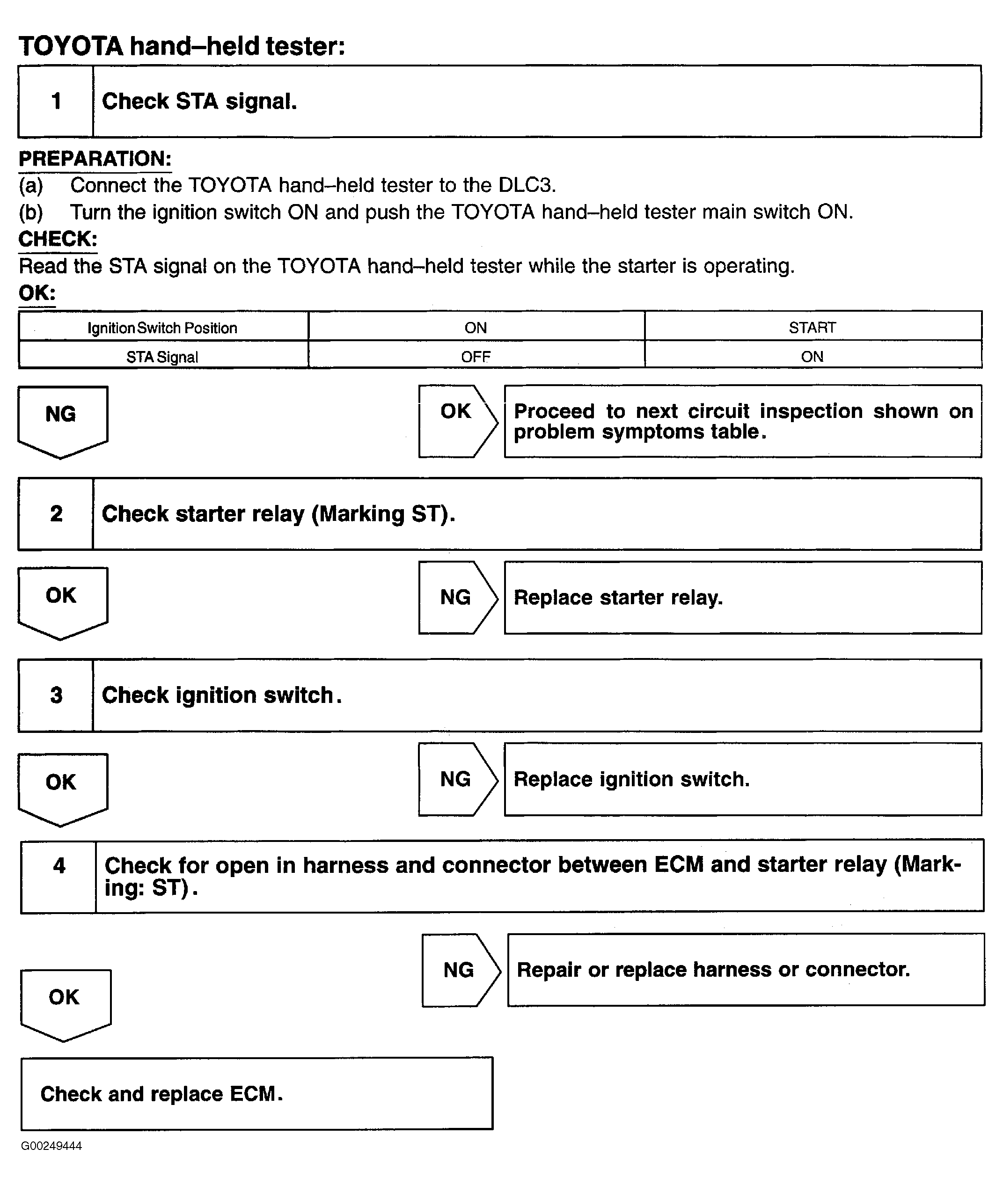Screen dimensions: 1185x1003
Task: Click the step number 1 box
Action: click(x=56, y=101)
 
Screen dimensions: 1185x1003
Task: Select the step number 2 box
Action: click(x=56, y=514)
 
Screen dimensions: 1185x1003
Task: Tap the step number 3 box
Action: click(x=56, y=695)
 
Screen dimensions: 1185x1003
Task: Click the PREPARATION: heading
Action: click(x=95, y=159)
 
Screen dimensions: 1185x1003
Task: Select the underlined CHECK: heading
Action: click(x=58, y=239)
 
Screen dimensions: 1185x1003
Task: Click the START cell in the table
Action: click(x=812, y=328)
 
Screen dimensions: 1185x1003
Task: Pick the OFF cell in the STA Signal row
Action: click(x=476, y=357)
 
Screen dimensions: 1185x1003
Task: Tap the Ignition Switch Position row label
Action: click(x=162, y=328)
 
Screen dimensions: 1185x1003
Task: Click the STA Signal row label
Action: click(x=162, y=357)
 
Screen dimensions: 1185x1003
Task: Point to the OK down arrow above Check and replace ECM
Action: click(x=65, y=1002)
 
